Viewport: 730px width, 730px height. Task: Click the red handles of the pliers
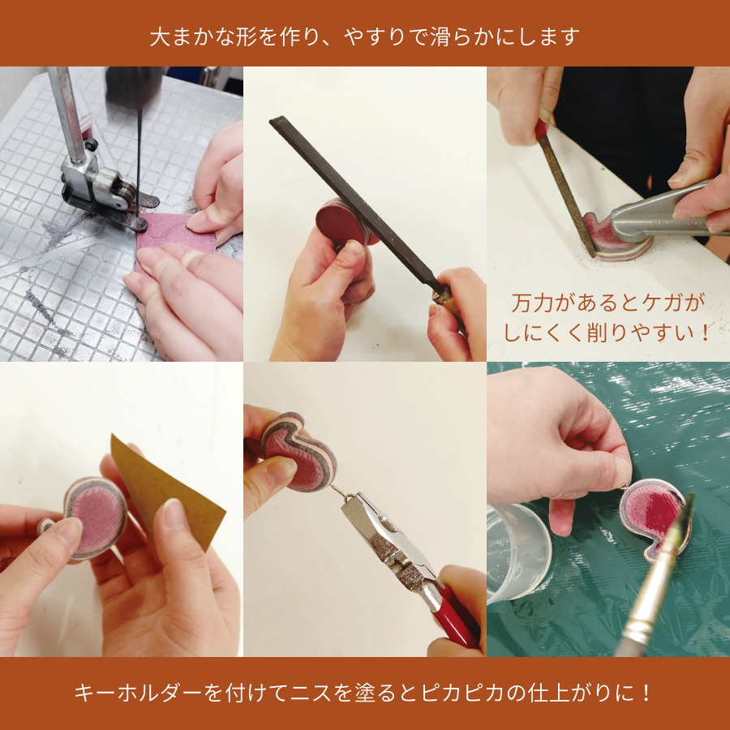tap(454, 616)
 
